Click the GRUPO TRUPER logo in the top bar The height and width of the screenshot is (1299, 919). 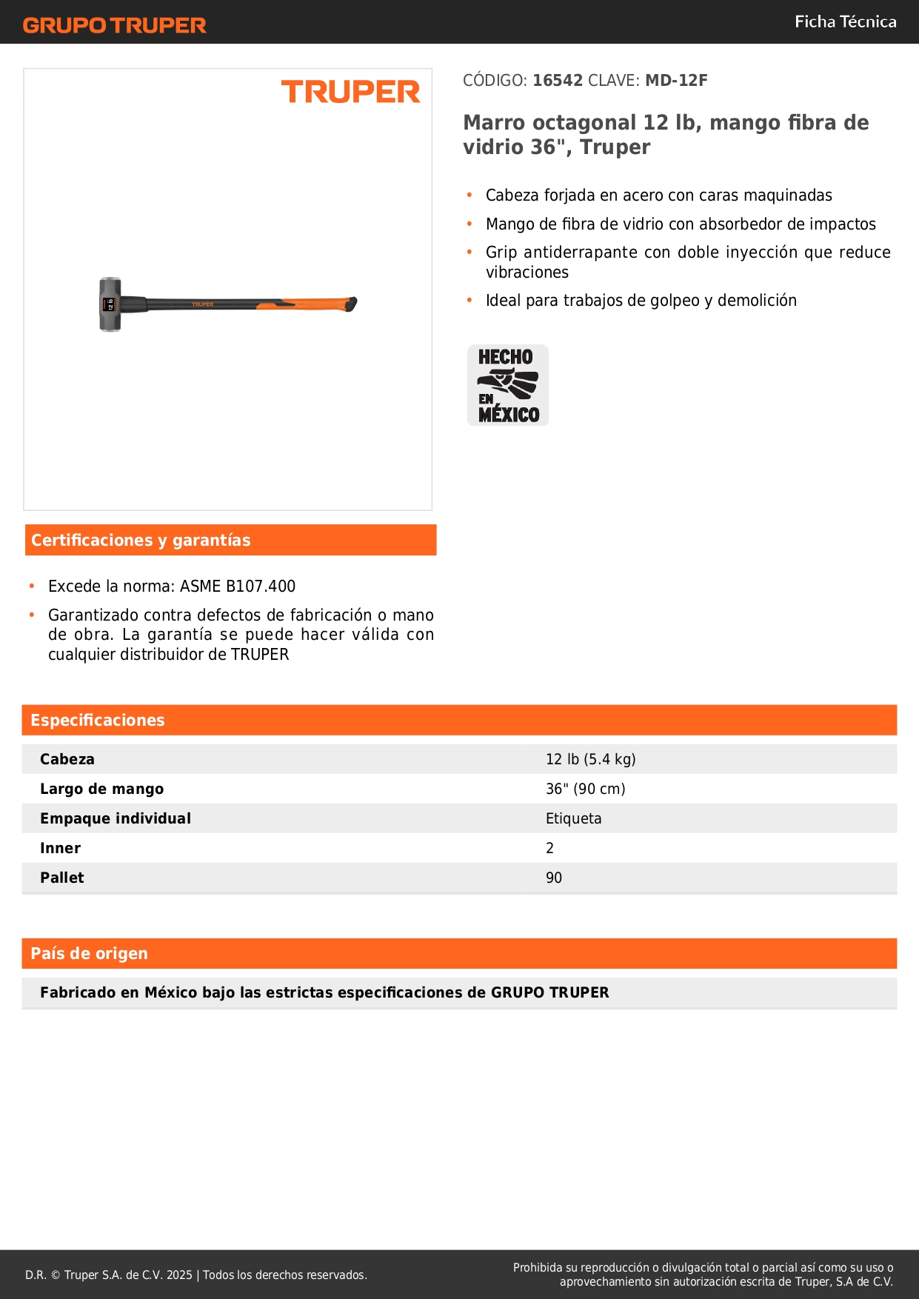tap(114, 25)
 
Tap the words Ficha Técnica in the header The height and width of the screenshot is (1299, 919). tap(845, 22)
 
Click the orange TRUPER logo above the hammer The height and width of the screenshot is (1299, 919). tap(350, 92)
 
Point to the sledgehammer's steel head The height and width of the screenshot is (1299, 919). tap(110, 304)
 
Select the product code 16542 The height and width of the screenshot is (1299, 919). tap(558, 81)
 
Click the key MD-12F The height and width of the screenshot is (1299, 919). tap(676, 81)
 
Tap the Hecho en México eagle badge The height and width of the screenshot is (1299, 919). tap(508, 385)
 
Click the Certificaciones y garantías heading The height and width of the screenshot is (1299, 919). tap(141, 541)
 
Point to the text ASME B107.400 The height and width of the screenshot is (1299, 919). tap(238, 587)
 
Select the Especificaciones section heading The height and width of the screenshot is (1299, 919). tap(98, 721)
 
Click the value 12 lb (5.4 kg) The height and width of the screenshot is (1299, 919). tap(590, 759)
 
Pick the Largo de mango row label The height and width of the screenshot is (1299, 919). tap(101, 789)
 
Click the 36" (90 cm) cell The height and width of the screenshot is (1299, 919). tap(585, 789)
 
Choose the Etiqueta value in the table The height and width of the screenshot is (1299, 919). tap(573, 818)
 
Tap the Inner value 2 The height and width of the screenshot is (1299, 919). tap(549, 848)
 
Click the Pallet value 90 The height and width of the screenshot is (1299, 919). tap(553, 878)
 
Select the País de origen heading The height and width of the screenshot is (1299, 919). tap(89, 954)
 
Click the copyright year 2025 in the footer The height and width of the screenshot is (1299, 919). tap(179, 1275)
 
